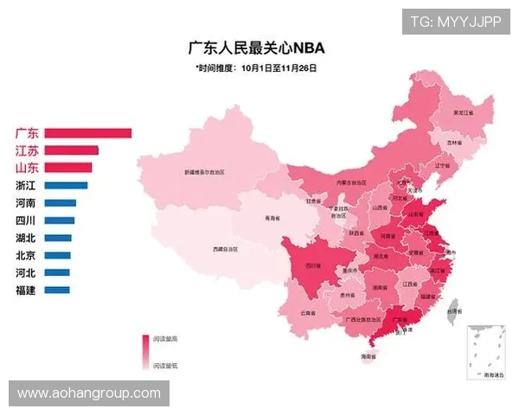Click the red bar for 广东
click(x=87, y=133)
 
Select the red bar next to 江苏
click(x=71, y=150)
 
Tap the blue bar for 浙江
click(x=66, y=185)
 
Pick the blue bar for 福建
click(x=56, y=290)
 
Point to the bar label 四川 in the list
click(x=25, y=220)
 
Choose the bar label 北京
click(x=25, y=255)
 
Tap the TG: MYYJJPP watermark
click(x=456, y=21)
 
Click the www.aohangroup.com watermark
click(x=89, y=393)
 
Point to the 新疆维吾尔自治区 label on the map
click(x=204, y=172)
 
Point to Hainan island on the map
click(x=368, y=355)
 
